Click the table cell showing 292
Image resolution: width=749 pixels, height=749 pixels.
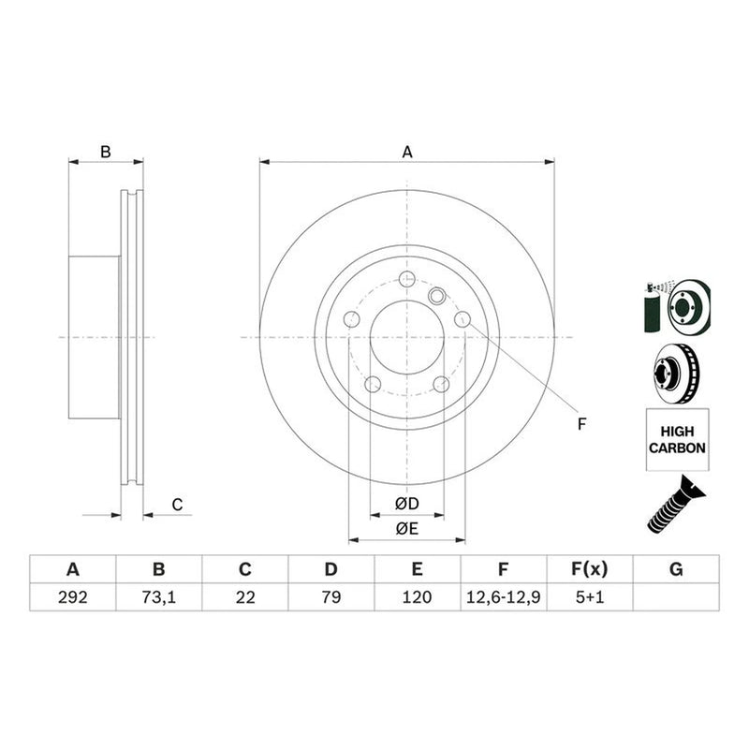click(73, 597)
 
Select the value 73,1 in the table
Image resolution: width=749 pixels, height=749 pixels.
click(158, 597)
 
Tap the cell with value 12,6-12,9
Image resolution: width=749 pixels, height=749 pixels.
click(503, 597)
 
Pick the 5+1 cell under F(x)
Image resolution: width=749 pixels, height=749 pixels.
click(590, 597)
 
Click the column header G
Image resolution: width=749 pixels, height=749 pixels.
click(676, 569)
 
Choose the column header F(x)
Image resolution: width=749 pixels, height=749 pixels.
click(590, 569)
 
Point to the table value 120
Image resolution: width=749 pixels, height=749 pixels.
click(417, 597)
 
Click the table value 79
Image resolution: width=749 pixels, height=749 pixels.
click(331, 597)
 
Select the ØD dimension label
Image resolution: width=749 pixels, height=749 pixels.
click(407, 504)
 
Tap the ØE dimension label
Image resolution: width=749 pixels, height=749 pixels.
click(407, 528)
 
